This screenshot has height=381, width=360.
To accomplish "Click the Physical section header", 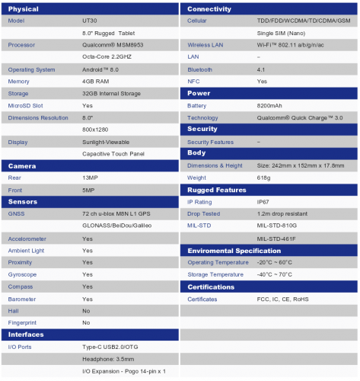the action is (x=24, y=8).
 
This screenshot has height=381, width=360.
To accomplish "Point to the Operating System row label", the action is (x=31, y=69).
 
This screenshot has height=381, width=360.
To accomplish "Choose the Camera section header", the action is (x=22, y=165).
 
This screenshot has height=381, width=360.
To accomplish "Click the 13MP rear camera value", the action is (x=89, y=178).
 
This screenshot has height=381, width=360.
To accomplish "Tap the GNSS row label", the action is (x=16, y=214).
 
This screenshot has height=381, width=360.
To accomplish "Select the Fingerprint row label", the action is (x=23, y=323).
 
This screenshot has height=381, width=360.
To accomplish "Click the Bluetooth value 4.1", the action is (x=261, y=69).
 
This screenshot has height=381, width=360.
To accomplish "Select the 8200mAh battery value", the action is (x=270, y=105).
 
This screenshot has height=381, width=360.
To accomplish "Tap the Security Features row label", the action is (x=211, y=142).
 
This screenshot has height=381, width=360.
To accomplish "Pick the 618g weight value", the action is (x=263, y=178).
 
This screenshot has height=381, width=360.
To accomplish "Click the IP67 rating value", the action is (x=263, y=202).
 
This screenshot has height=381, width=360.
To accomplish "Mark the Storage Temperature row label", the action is (x=217, y=274).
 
